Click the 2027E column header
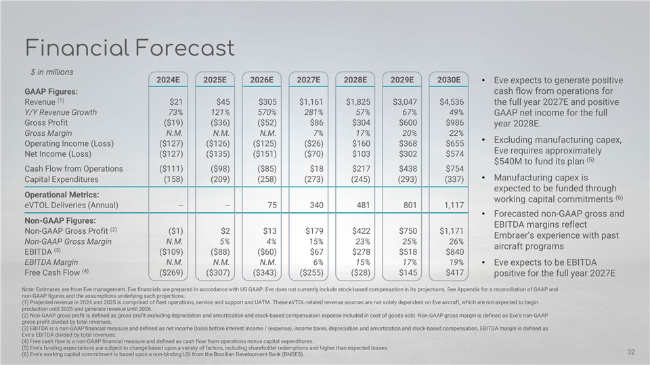point(309,79)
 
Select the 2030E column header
point(449,79)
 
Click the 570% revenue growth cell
point(264,112)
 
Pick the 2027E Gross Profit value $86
point(314,123)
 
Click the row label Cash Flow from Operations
point(74,168)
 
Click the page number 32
point(631,351)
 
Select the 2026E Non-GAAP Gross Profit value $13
point(267,230)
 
